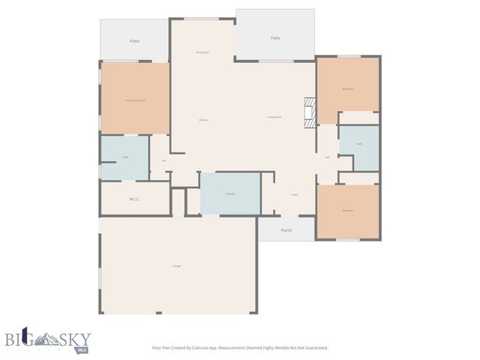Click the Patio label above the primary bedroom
tap(135, 41)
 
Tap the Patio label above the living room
tap(275, 38)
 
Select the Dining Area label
tap(202, 52)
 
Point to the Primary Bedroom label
tap(135, 100)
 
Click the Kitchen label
tap(202, 120)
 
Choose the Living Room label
tap(274, 117)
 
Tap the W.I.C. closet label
tap(135, 199)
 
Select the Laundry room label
tap(230, 193)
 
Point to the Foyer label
tap(295, 193)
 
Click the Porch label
tap(286, 230)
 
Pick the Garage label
tap(177, 265)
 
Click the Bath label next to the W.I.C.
tap(126, 157)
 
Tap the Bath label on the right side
tap(359, 143)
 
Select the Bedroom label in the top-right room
tap(347, 88)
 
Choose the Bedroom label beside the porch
tap(347, 210)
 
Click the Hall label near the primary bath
tap(163, 160)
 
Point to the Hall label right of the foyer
tap(327, 157)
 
